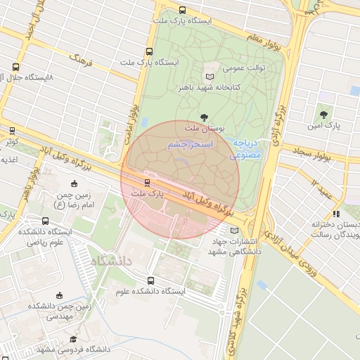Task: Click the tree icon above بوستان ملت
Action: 204,117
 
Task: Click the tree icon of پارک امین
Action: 323,112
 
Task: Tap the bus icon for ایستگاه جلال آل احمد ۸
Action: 15,67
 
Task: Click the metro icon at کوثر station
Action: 12,130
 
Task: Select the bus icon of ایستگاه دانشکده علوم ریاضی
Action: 45,221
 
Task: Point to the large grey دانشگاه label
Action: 110,261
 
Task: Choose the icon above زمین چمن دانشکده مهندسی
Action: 59,295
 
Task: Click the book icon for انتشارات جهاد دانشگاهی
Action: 234,231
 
